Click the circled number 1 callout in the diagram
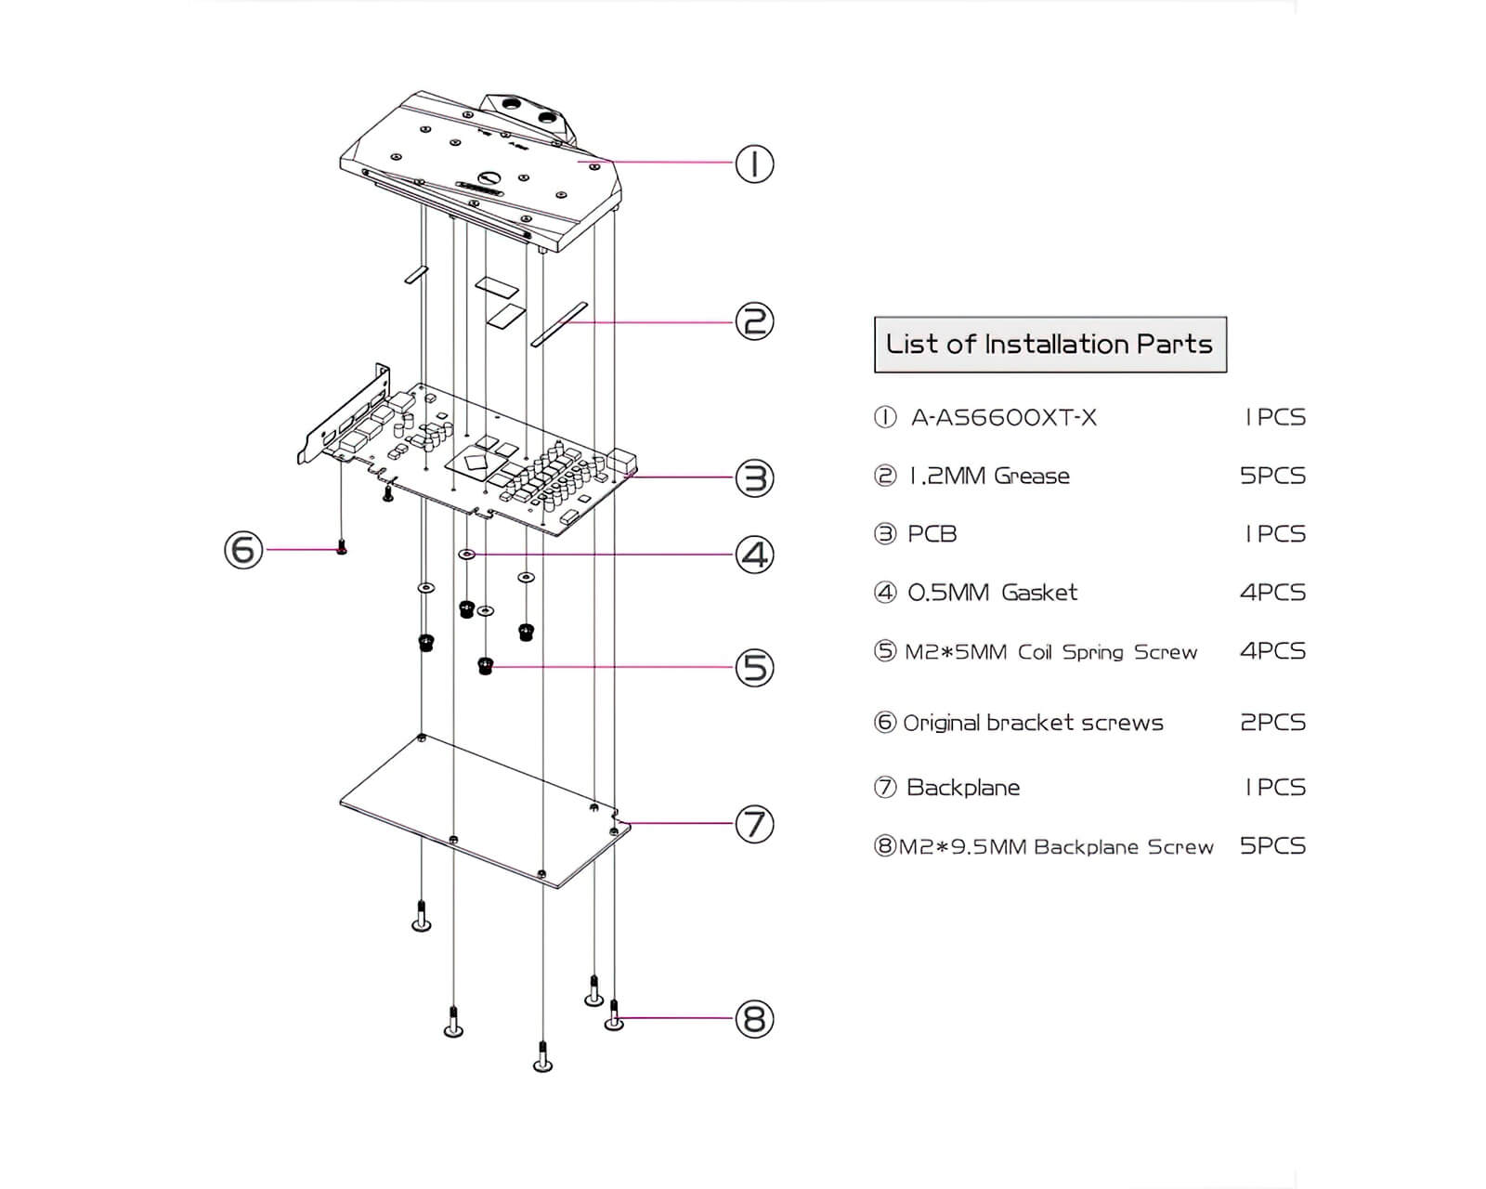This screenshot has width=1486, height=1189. pos(754,164)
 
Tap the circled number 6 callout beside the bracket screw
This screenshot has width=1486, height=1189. pos(243,550)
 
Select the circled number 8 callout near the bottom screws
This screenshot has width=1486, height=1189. pos(754,1019)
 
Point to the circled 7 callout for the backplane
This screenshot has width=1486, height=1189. pos(754,824)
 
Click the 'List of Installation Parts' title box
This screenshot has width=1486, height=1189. pos(1049,345)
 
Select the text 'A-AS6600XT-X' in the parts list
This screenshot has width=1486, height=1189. pos(1003,418)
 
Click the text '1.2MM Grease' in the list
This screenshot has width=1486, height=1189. pos(989,477)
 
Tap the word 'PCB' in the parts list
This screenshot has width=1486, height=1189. pos(932,534)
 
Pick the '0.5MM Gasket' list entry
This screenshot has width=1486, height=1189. pos(992,593)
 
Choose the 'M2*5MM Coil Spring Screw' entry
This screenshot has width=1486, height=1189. pos(1050,652)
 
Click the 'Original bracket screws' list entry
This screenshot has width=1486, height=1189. pos(1033,723)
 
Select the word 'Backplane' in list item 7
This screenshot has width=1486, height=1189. pos(963,788)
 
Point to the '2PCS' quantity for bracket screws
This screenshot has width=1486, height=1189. pos(1272,723)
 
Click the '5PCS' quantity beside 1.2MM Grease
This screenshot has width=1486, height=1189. pos(1272,477)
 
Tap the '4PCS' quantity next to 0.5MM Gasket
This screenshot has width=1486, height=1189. pos(1272,593)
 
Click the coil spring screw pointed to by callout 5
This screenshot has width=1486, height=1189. pos(485,665)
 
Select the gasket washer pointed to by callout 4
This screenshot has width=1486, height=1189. pos(467,555)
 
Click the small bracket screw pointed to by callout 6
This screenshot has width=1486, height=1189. pos(342,548)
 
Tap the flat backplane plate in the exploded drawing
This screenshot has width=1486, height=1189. pos(483,813)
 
